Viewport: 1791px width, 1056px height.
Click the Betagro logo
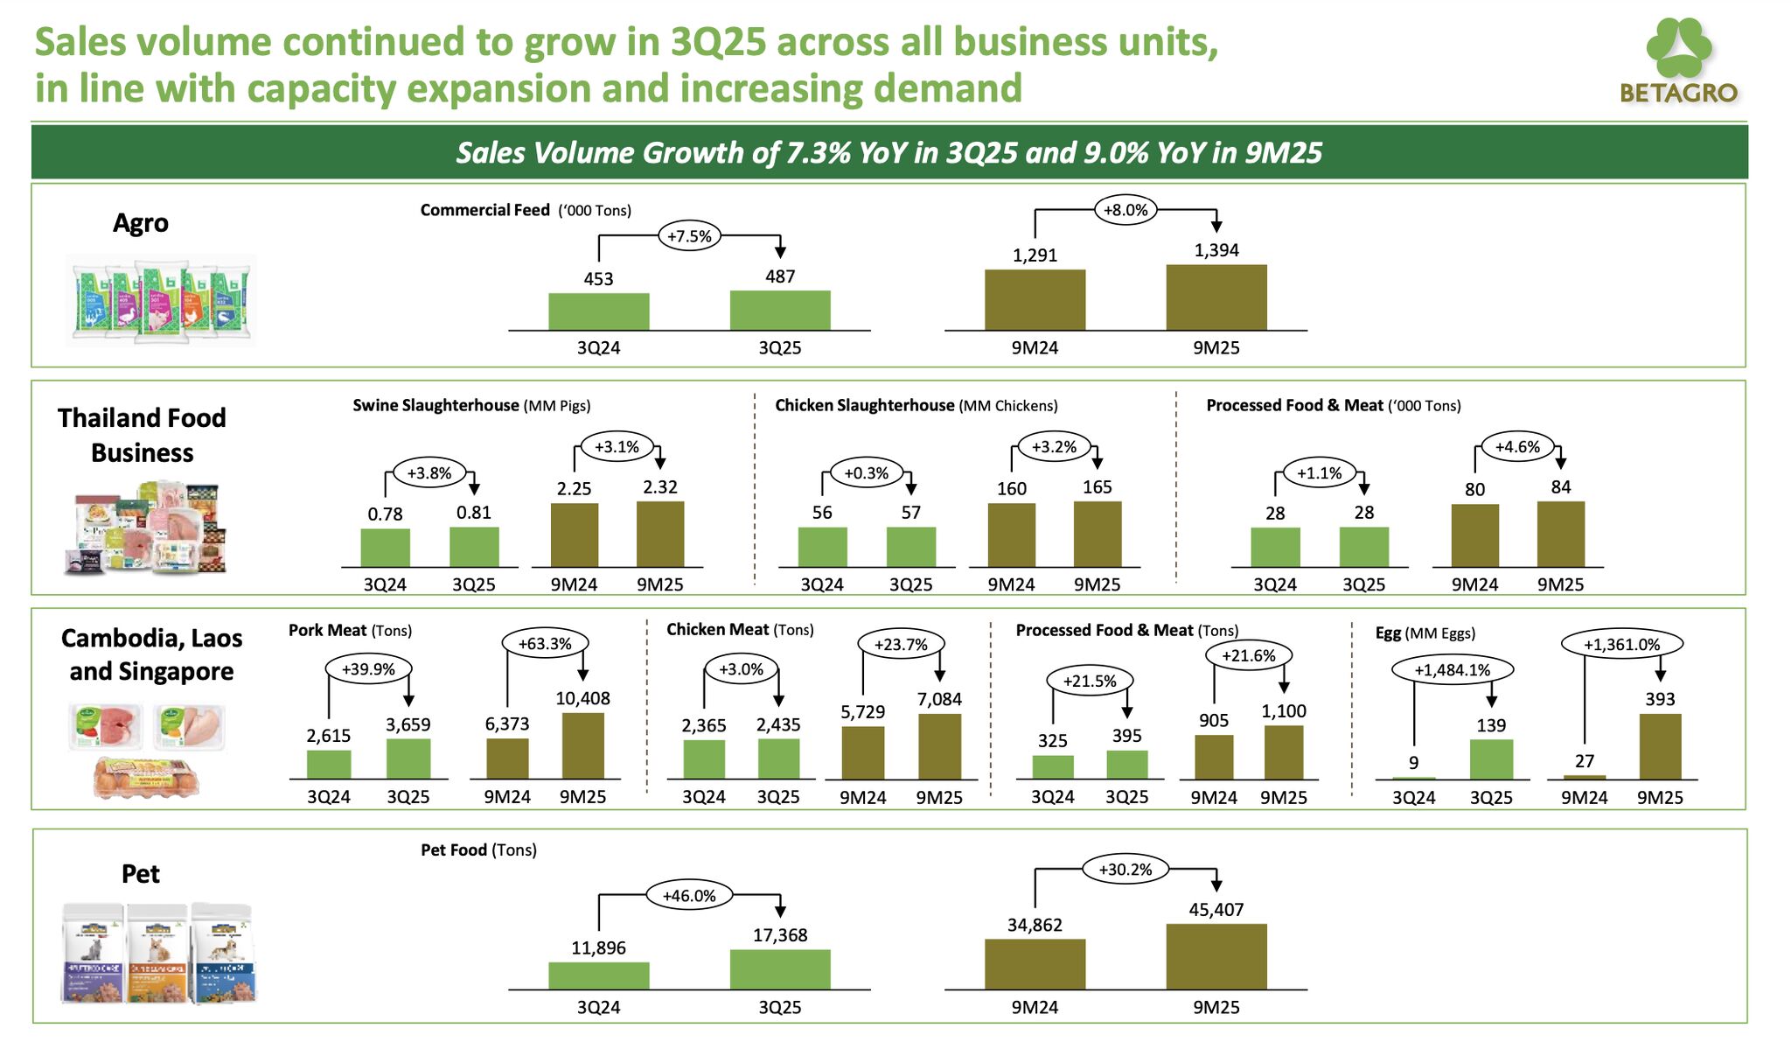pyautogui.click(x=1678, y=62)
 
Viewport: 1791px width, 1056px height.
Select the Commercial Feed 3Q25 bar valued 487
pyautogui.click(x=780, y=311)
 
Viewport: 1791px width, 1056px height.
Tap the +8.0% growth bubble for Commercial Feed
pyautogui.click(x=1125, y=210)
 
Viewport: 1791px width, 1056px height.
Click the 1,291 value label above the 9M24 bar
pyautogui.click(x=1035, y=255)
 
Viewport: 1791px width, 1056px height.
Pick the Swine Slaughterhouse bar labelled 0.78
pyautogui.click(x=385, y=548)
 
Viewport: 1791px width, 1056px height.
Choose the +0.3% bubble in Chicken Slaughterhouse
pyautogui.click(x=866, y=473)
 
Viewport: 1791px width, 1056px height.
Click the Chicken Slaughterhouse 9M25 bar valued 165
pyautogui.click(x=1097, y=535)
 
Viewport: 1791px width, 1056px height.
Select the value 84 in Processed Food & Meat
pyautogui.click(x=1560, y=487)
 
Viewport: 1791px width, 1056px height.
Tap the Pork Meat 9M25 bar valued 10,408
pyautogui.click(x=582, y=745)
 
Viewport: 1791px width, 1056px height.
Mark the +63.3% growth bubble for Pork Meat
pyautogui.click(x=545, y=644)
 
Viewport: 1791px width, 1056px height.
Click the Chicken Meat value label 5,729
pyautogui.click(x=862, y=712)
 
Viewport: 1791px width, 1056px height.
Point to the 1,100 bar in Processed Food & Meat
pyautogui.click(x=1283, y=752)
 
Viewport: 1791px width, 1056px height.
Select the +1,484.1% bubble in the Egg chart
pyautogui.click(x=1452, y=670)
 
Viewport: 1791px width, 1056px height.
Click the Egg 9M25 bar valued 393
pyautogui.click(x=1659, y=746)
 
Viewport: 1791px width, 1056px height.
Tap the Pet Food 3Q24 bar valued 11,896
pyautogui.click(x=598, y=976)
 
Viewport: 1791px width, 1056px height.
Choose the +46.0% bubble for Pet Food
pyautogui.click(x=689, y=896)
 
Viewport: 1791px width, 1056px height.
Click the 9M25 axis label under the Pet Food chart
pyautogui.click(x=1216, y=1008)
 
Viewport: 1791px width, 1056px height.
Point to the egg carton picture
pyautogui.click(x=146, y=776)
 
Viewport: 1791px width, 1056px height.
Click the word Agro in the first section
pyautogui.click(x=141, y=224)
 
